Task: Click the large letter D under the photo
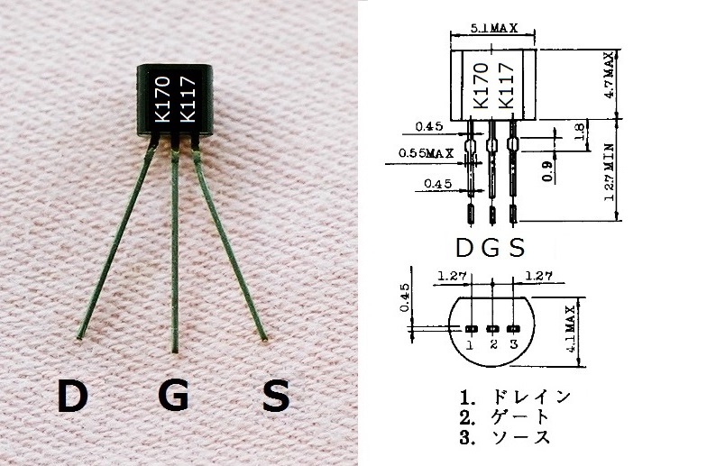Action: tap(73, 396)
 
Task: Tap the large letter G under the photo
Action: tap(173, 396)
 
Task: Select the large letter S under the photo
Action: tap(276, 396)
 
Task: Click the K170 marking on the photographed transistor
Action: tap(162, 99)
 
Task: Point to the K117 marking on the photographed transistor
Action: tap(188, 99)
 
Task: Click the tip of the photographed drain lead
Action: tap(79, 338)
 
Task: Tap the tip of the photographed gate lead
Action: tap(174, 351)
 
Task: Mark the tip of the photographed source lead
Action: tap(264, 340)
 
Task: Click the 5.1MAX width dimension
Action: tap(493, 28)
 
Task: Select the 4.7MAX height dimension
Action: tap(609, 76)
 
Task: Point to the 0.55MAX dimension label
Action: tap(426, 153)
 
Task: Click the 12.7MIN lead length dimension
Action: tap(609, 172)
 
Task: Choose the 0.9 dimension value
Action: tap(547, 171)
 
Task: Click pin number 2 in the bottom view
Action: tap(493, 344)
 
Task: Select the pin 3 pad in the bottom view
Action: tap(514, 329)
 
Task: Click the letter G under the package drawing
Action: tap(491, 248)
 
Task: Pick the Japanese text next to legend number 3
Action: tap(520, 437)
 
